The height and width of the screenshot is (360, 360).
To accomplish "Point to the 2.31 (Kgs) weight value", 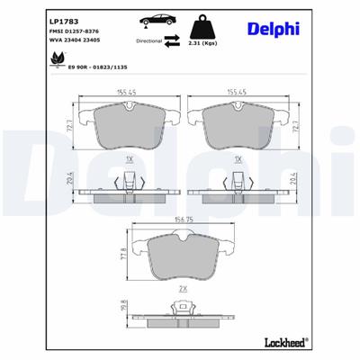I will click(x=204, y=43).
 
